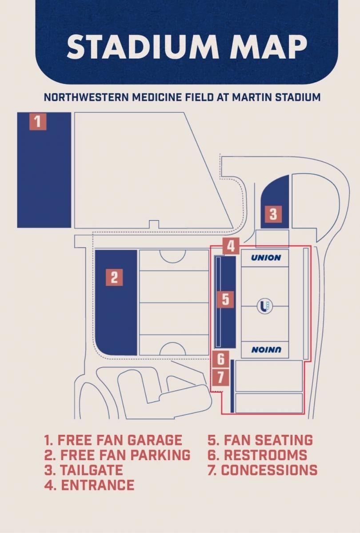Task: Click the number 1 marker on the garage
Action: tap(38, 122)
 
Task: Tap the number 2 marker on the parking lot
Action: tap(114, 278)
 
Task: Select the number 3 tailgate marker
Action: tap(273, 214)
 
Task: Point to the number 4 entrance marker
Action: tap(231, 246)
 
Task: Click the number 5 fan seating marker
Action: tap(225, 299)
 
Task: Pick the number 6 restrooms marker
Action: tap(221, 359)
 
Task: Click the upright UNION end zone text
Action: tap(266, 258)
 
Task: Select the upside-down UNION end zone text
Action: tap(266, 350)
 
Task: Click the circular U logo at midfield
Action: tap(265, 306)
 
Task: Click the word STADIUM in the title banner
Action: tap(143, 47)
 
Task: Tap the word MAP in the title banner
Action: tap(268, 47)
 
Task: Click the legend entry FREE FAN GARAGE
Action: tap(113, 440)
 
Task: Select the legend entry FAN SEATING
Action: tap(260, 440)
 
